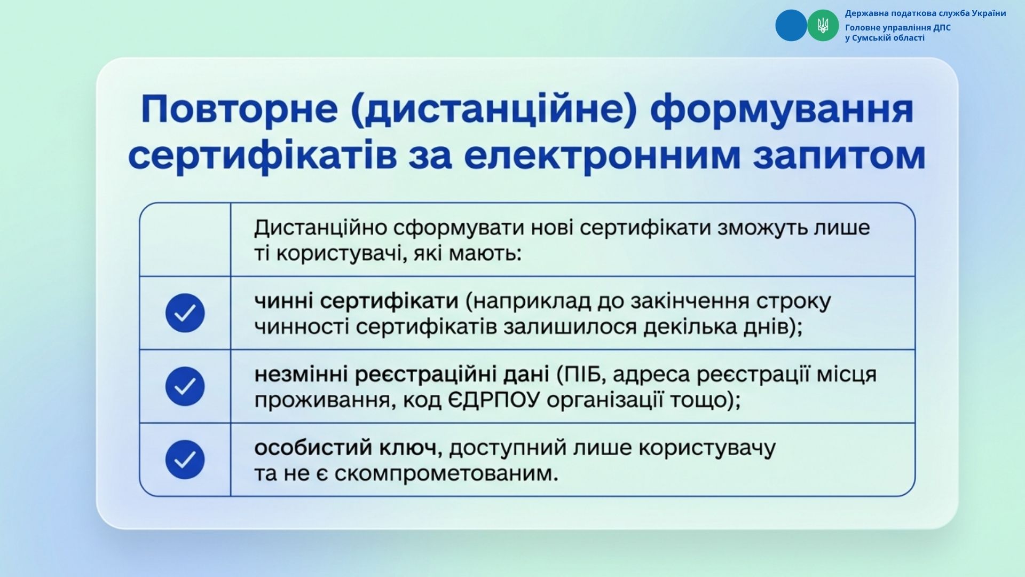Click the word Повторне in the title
point(239,109)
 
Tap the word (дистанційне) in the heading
point(494,111)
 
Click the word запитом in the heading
point(839,157)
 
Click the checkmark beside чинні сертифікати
point(185,313)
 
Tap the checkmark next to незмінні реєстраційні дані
point(185,386)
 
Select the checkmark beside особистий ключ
point(185,459)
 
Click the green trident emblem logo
point(823,25)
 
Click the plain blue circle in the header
point(791,25)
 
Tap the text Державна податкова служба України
point(925,13)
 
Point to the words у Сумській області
point(885,38)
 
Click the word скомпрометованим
point(446,473)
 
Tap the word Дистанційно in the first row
point(321,228)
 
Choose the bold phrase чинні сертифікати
point(356,302)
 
